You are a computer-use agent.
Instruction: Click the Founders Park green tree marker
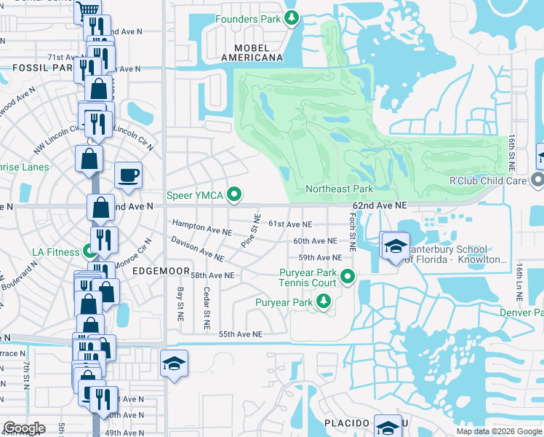click(291, 17)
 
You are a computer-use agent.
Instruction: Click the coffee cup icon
click(128, 175)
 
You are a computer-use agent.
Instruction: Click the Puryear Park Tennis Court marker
click(348, 276)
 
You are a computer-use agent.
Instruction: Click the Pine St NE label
click(251, 230)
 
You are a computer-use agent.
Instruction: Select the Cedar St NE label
click(207, 311)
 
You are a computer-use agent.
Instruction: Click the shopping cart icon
click(87, 10)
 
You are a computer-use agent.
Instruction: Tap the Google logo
click(24, 428)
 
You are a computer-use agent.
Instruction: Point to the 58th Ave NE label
click(212, 275)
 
